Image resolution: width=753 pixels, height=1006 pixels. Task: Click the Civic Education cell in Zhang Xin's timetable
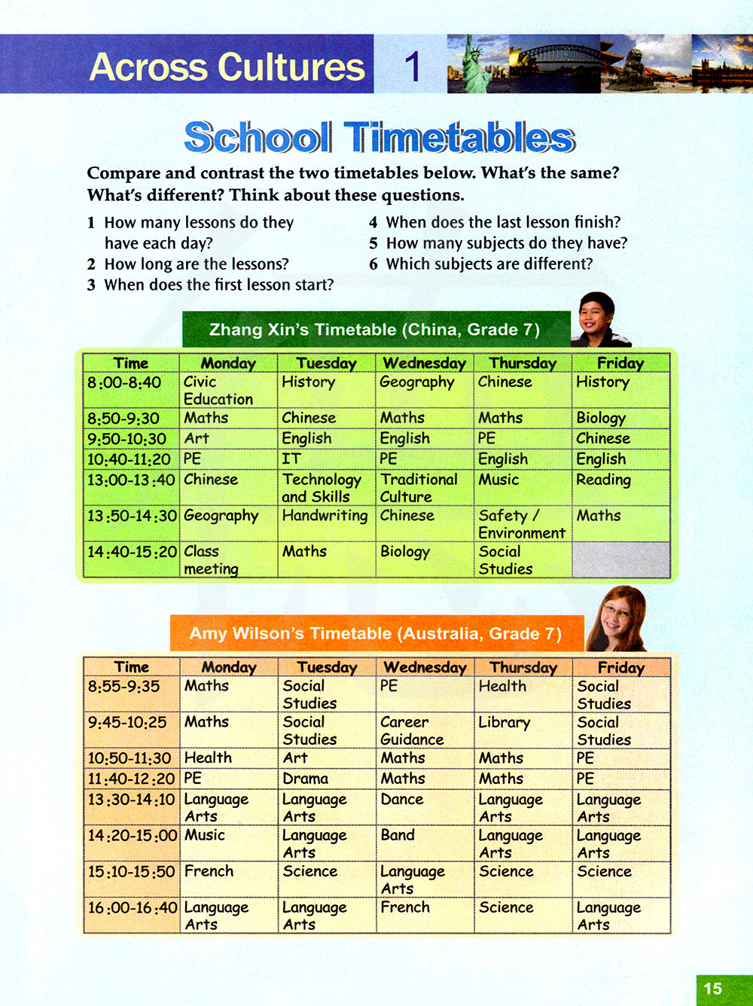227,390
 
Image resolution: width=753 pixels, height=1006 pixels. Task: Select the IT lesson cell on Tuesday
326,459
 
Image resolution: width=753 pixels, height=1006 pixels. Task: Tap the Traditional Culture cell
424,487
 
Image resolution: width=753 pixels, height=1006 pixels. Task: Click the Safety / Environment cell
522,523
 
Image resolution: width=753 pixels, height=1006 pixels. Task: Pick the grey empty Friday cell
620,559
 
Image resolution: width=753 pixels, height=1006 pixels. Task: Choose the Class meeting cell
227,559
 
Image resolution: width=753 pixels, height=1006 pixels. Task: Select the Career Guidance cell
424,730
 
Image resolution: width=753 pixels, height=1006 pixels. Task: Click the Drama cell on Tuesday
326,778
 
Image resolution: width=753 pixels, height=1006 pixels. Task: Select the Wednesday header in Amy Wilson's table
425,667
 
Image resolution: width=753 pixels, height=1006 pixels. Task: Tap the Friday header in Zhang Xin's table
620,363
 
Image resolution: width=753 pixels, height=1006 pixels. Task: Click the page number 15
712,989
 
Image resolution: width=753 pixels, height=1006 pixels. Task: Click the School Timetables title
380,138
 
